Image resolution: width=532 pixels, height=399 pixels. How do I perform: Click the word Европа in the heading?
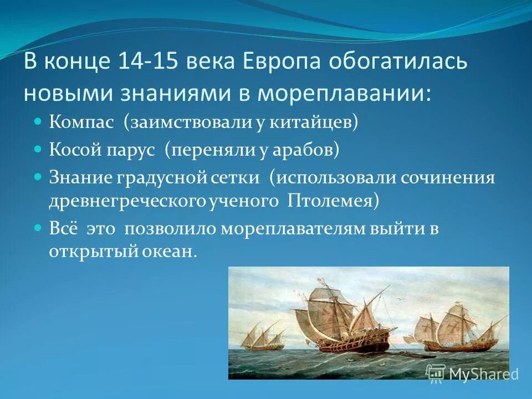(x=279, y=62)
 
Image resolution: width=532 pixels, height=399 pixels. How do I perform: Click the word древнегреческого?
(x=120, y=200)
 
